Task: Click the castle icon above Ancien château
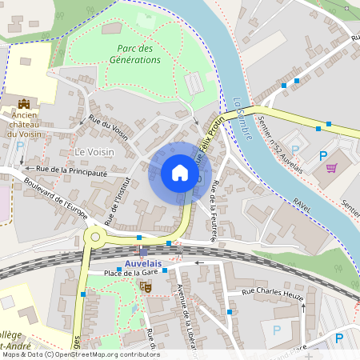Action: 24,104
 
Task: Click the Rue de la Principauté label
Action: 71,170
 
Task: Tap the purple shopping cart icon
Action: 331,168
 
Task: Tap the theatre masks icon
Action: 146,286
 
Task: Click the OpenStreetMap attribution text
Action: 80,354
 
